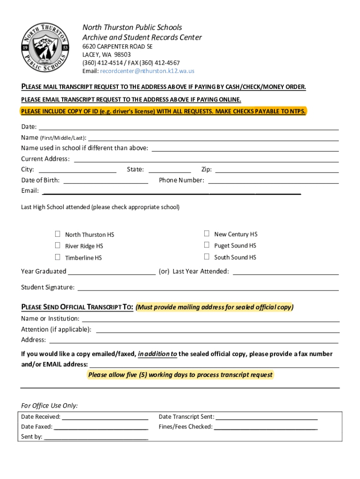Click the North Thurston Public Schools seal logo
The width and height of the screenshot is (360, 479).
click(x=45, y=48)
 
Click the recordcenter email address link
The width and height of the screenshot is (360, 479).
click(x=147, y=71)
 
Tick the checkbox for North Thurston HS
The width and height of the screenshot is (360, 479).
click(x=58, y=234)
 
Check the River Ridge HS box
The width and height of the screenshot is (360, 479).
click(x=58, y=245)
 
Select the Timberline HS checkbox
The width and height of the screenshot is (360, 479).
click(x=58, y=257)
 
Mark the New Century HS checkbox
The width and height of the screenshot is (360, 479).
click(x=206, y=233)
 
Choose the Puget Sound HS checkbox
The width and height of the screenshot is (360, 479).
click(x=206, y=245)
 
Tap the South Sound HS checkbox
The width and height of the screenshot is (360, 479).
click(x=206, y=256)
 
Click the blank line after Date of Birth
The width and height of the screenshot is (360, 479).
click(x=106, y=181)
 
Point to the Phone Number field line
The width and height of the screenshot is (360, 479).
click(x=273, y=181)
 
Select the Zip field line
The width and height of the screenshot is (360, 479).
click(x=277, y=170)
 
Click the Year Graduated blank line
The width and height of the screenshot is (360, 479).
click(x=112, y=272)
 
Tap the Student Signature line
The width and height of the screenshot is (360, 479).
click(x=208, y=288)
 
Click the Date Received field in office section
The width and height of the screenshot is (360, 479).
click(x=105, y=417)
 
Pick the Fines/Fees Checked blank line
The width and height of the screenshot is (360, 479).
click(x=266, y=427)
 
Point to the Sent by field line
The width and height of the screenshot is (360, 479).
click(x=96, y=437)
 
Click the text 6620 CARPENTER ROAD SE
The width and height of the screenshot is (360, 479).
click(x=117, y=47)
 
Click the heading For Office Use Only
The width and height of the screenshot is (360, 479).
click(x=50, y=406)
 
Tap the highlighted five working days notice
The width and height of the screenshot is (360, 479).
click(x=180, y=375)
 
